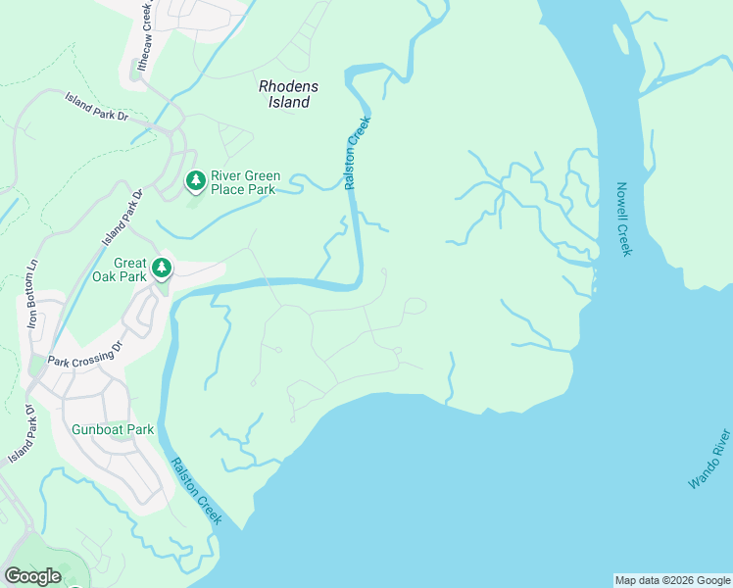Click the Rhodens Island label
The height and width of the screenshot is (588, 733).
point(289,94)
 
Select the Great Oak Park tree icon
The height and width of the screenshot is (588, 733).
point(162,268)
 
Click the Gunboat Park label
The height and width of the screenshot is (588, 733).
point(113,429)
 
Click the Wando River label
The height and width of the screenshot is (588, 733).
point(709,459)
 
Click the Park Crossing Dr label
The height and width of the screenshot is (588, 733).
point(87,355)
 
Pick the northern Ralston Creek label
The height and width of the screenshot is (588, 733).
point(359,153)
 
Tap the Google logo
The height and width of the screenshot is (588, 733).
point(32,576)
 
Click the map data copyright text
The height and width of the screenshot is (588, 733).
point(672,580)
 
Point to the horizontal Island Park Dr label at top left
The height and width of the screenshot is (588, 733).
point(97,108)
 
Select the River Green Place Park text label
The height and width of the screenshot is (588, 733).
point(245,182)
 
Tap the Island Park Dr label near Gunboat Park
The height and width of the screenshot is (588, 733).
point(21,434)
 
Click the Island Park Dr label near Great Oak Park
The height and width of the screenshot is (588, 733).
point(123,217)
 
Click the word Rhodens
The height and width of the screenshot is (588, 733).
point(289,86)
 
